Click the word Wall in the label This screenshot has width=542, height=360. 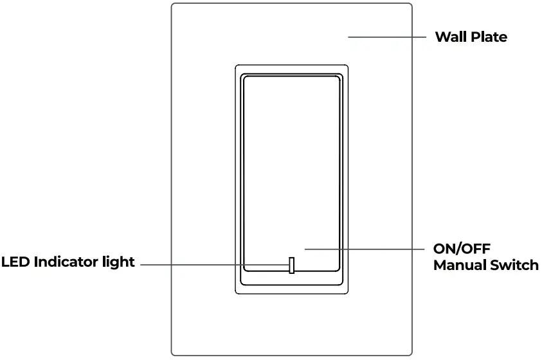point(451,37)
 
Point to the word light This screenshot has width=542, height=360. point(120,262)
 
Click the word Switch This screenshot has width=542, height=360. point(514,265)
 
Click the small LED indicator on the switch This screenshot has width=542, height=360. point(292,265)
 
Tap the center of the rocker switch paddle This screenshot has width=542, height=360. point(291,174)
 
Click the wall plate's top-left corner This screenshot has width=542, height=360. point(172,4)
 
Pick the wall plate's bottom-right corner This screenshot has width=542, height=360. point(411,354)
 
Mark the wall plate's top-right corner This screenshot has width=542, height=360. point(411,4)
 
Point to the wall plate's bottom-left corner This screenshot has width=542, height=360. point(172,354)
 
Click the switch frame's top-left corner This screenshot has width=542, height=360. point(237,66)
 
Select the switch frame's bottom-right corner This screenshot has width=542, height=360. point(347,293)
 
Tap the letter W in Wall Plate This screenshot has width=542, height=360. point(442,37)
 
